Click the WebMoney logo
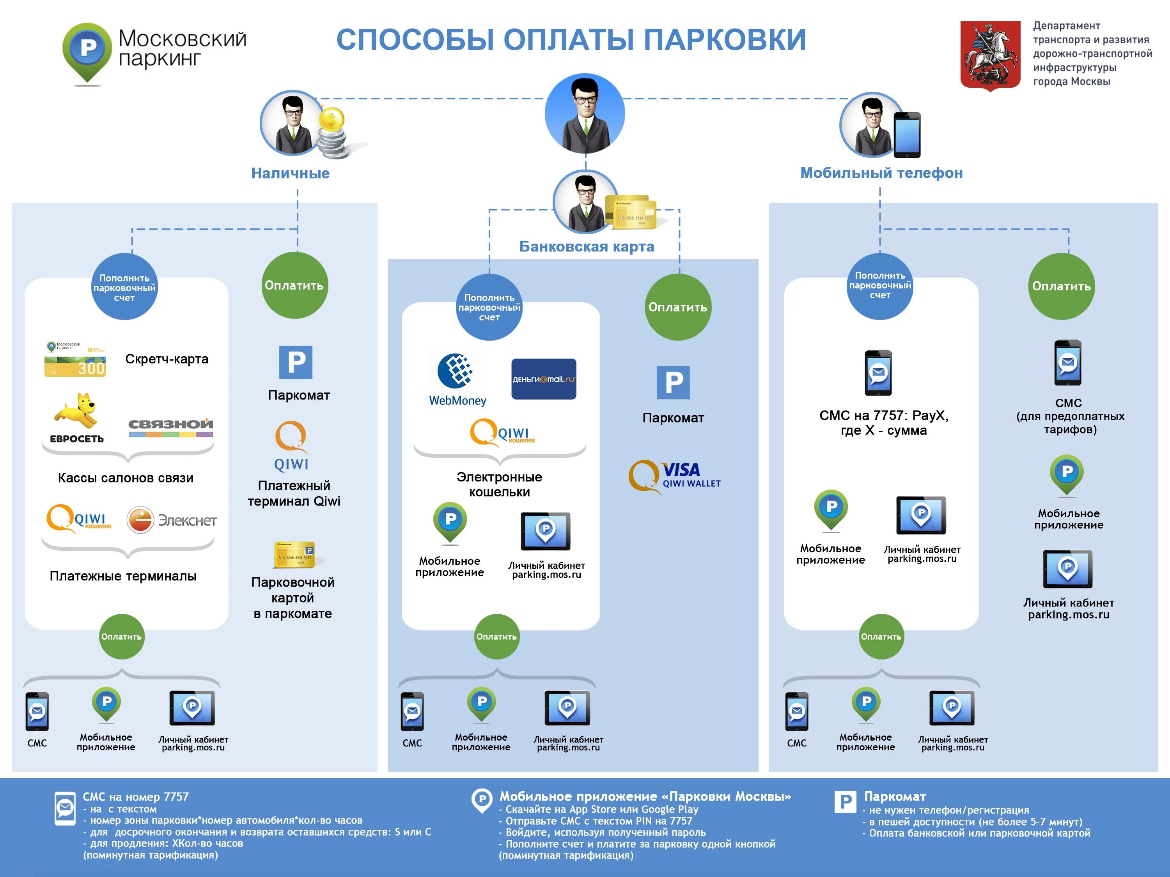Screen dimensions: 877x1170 457,378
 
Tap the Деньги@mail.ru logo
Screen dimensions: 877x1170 543,379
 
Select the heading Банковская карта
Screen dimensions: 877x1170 586,246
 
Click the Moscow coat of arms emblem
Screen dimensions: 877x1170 990,55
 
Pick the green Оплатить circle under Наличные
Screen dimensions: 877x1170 294,285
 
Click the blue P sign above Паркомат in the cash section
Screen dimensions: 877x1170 296,362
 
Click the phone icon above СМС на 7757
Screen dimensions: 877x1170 878,373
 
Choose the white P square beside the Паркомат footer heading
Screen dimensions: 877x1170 845,801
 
